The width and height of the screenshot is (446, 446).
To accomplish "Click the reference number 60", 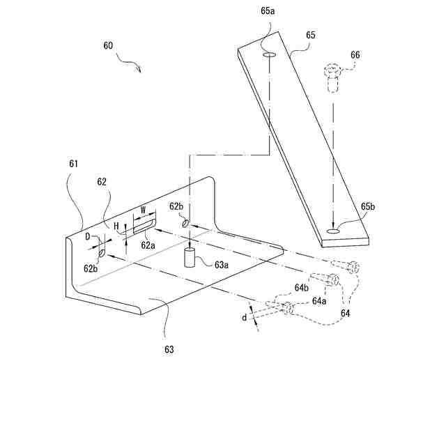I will pyautogui.click(x=108, y=45).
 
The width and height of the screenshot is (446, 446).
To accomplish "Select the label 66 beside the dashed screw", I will pyautogui.click(x=355, y=54).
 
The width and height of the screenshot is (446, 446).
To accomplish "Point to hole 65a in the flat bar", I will pyautogui.click(x=269, y=54).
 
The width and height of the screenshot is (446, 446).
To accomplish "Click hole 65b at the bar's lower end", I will pyautogui.click(x=334, y=230).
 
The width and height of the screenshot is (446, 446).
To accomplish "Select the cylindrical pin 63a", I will pyautogui.click(x=188, y=257).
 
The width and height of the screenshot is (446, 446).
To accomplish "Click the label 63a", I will pyautogui.click(x=221, y=264).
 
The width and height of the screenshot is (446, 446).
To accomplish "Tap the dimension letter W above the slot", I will pyautogui.click(x=143, y=208).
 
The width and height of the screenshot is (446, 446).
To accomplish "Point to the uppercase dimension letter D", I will pyautogui.click(x=88, y=237).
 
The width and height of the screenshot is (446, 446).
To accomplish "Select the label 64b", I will pyautogui.click(x=301, y=288).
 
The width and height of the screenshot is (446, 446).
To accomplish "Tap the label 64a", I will pyautogui.click(x=319, y=301).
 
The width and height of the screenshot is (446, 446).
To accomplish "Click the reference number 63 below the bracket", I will pyautogui.click(x=169, y=348).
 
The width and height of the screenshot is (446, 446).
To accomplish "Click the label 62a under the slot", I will pyautogui.click(x=148, y=245).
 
